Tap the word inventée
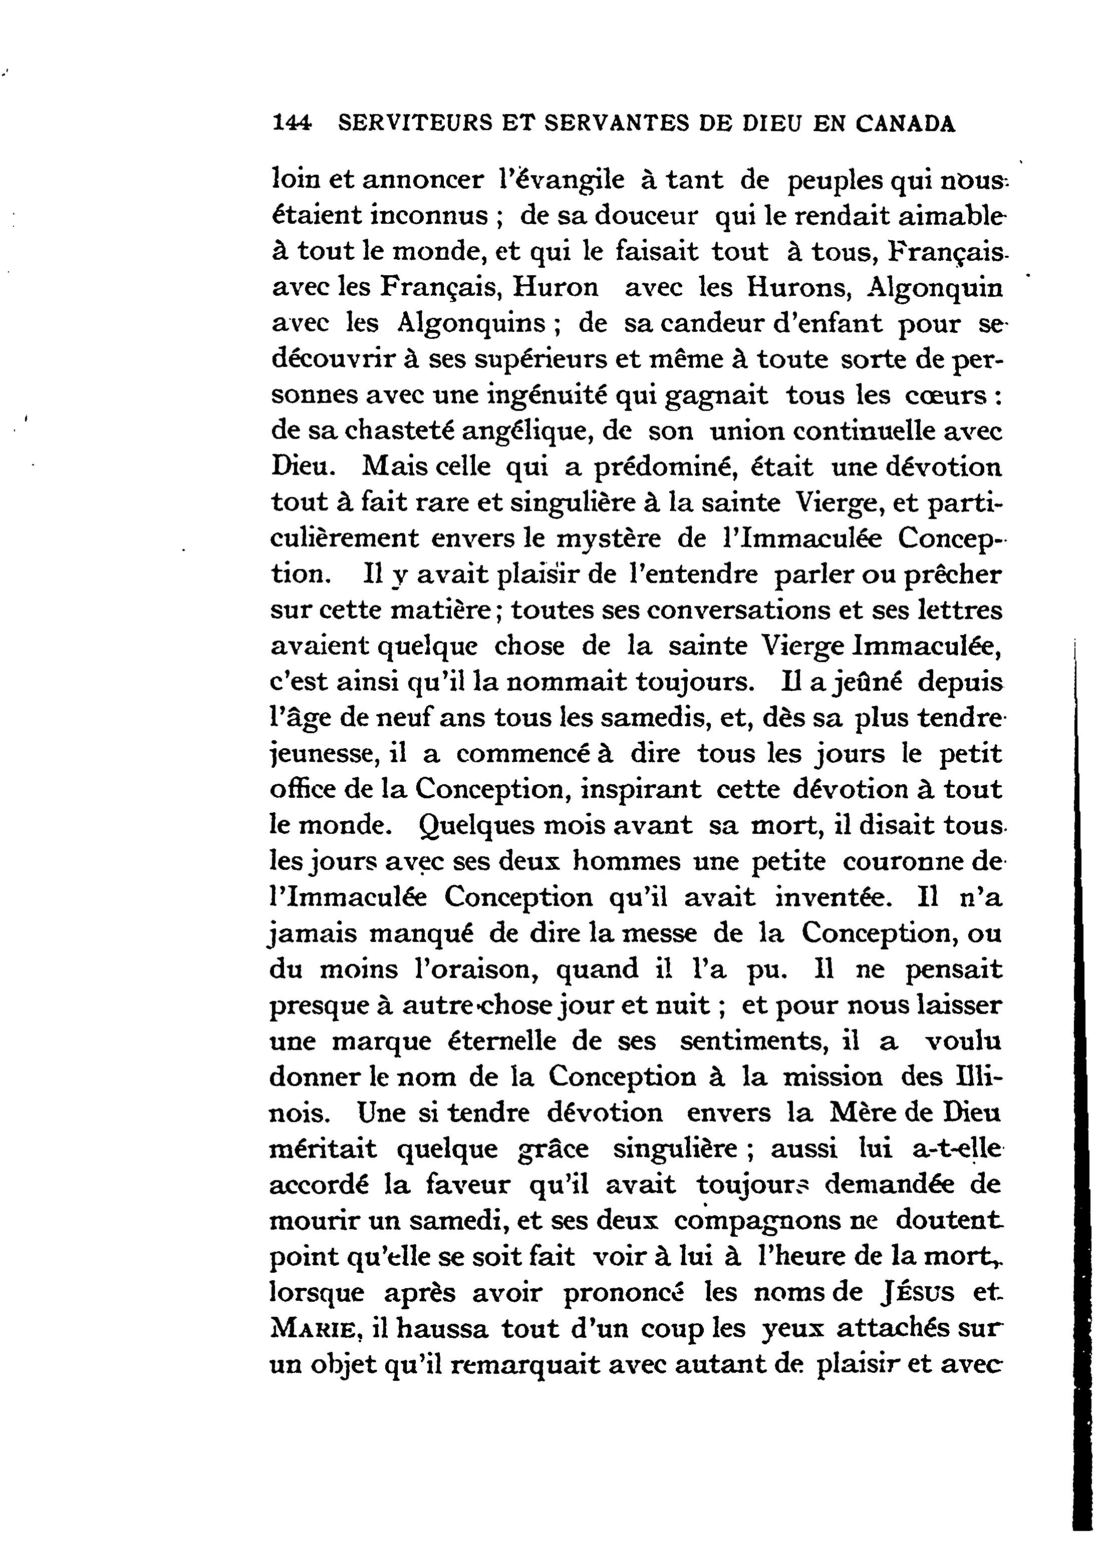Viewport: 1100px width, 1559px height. click(831, 898)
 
